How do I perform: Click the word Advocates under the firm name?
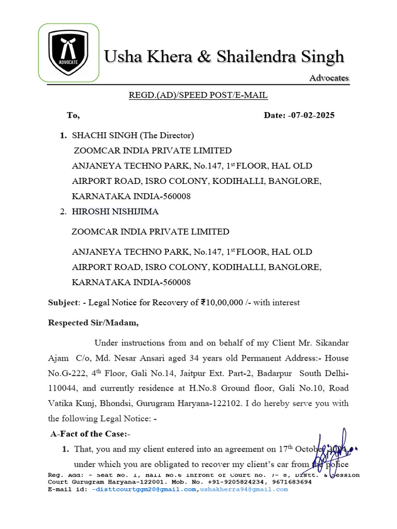pos(329,78)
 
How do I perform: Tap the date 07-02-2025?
pos(312,115)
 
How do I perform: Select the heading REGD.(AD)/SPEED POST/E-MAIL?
pos(198,95)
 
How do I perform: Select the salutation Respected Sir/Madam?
pos(94,323)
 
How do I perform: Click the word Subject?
pos(62,303)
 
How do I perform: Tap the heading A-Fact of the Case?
pos(90,434)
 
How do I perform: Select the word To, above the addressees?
pos(73,115)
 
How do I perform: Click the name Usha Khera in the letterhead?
pos(147,56)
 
